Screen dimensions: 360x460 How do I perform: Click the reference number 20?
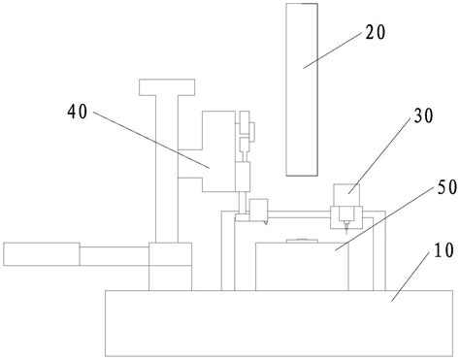coord(377,32)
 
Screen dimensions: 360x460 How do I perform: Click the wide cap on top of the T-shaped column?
coord(168,88)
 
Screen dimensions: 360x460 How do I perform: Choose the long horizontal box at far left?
coord(41,254)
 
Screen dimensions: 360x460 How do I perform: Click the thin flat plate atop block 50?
coord(301,239)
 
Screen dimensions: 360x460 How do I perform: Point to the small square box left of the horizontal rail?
coord(258,209)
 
